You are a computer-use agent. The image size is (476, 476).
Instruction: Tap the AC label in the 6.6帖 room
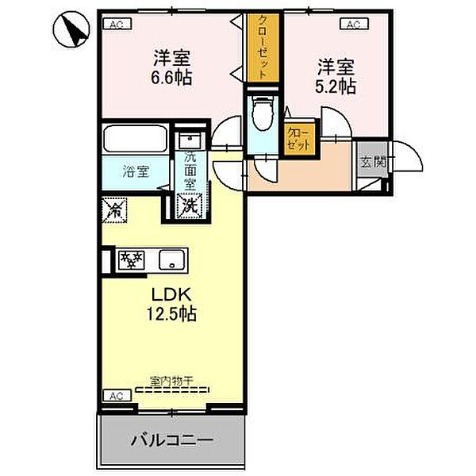pos(116,24)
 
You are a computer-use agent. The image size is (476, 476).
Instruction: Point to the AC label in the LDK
pos(116,395)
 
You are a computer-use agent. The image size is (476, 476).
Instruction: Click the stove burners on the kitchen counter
pos(130,259)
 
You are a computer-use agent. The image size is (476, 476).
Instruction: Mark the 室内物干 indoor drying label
pos(171,381)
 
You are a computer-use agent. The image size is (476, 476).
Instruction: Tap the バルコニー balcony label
pos(171,439)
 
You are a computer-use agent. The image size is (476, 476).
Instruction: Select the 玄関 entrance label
pos(370,162)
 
